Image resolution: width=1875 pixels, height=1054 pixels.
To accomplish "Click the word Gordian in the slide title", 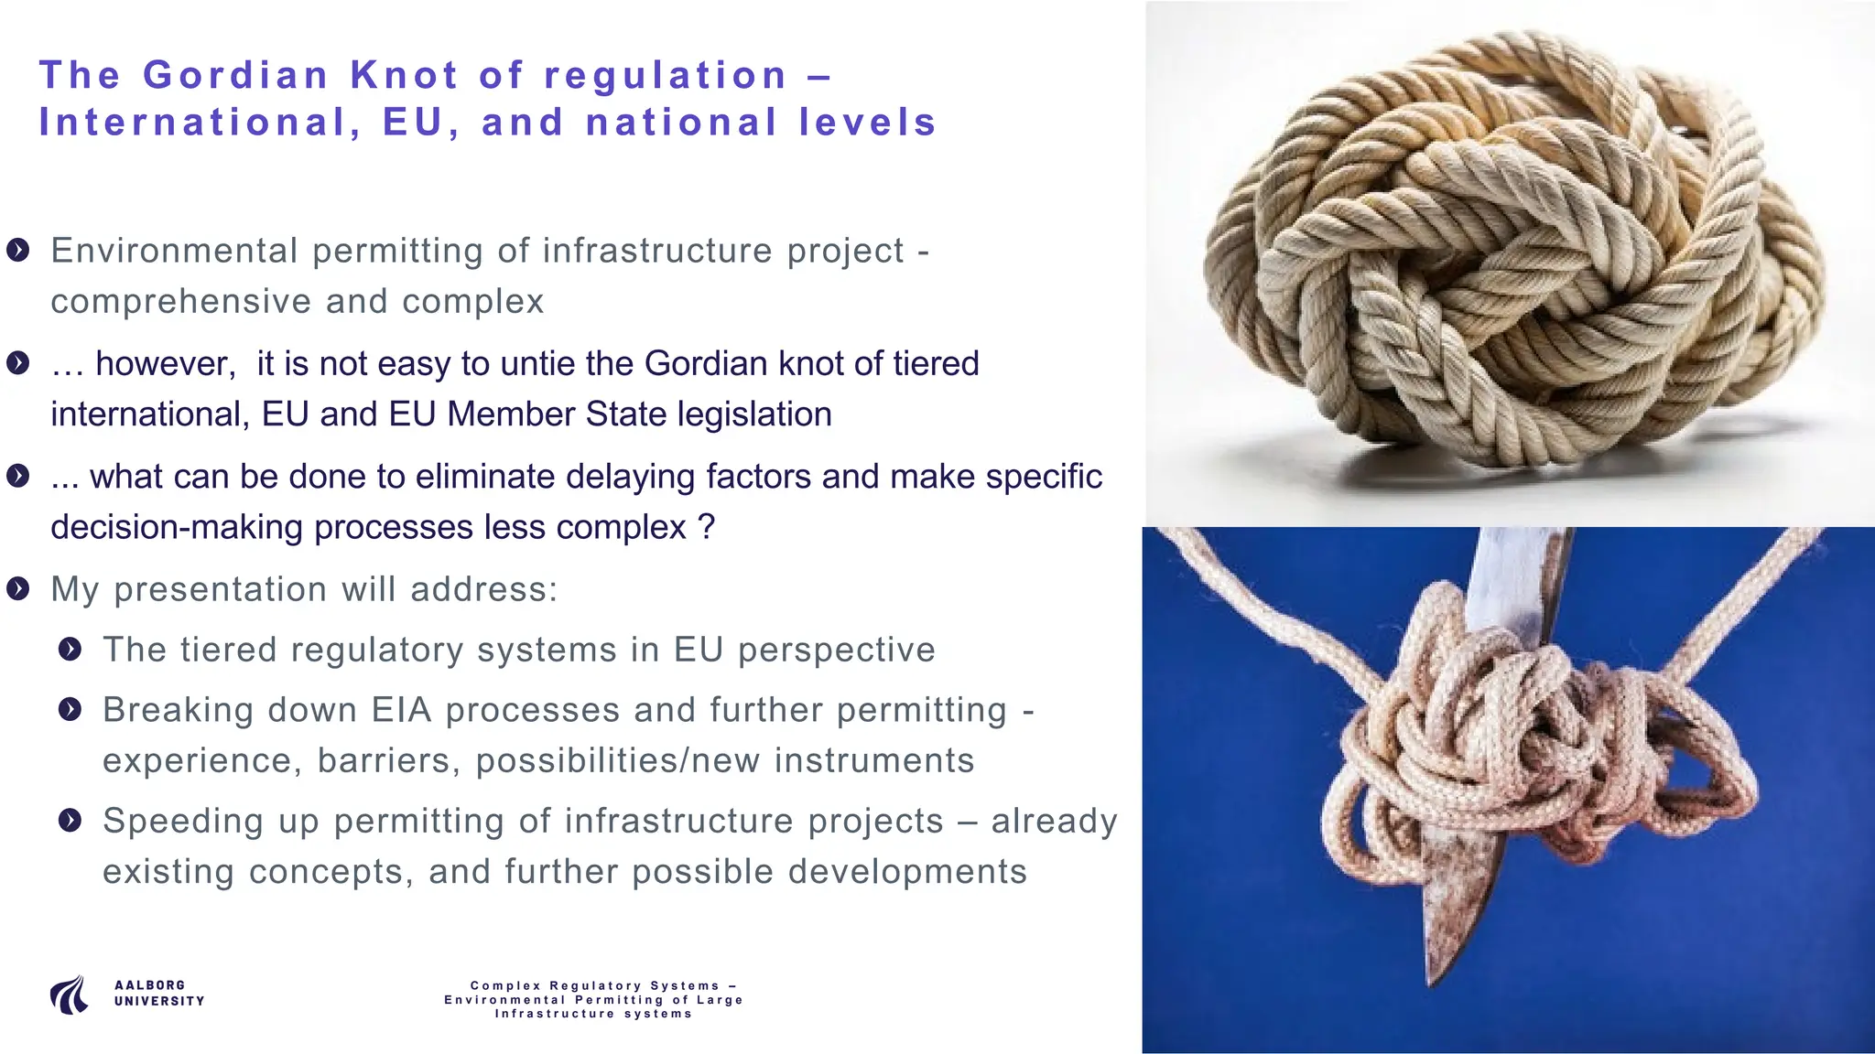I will [235, 75].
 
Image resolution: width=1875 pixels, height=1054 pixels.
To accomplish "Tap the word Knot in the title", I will [404, 75].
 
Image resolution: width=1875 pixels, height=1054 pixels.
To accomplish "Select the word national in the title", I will [681, 123].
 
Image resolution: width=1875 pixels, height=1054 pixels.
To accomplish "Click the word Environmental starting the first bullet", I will [174, 251].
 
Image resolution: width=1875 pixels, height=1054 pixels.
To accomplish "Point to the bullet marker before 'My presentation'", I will [17, 588].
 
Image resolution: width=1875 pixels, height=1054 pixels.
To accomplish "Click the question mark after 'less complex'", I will [705, 528].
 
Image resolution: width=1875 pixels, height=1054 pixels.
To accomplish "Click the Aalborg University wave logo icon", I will [70, 995].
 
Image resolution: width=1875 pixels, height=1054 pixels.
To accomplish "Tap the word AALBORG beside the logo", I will [149, 985].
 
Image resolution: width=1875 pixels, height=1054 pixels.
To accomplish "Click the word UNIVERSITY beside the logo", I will [159, 1001].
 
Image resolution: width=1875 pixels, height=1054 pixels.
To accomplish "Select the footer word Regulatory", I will [595, 985].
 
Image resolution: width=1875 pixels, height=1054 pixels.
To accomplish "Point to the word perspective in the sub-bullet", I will [837, 650].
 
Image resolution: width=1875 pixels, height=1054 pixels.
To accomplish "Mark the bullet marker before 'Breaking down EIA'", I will [70, 709].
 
